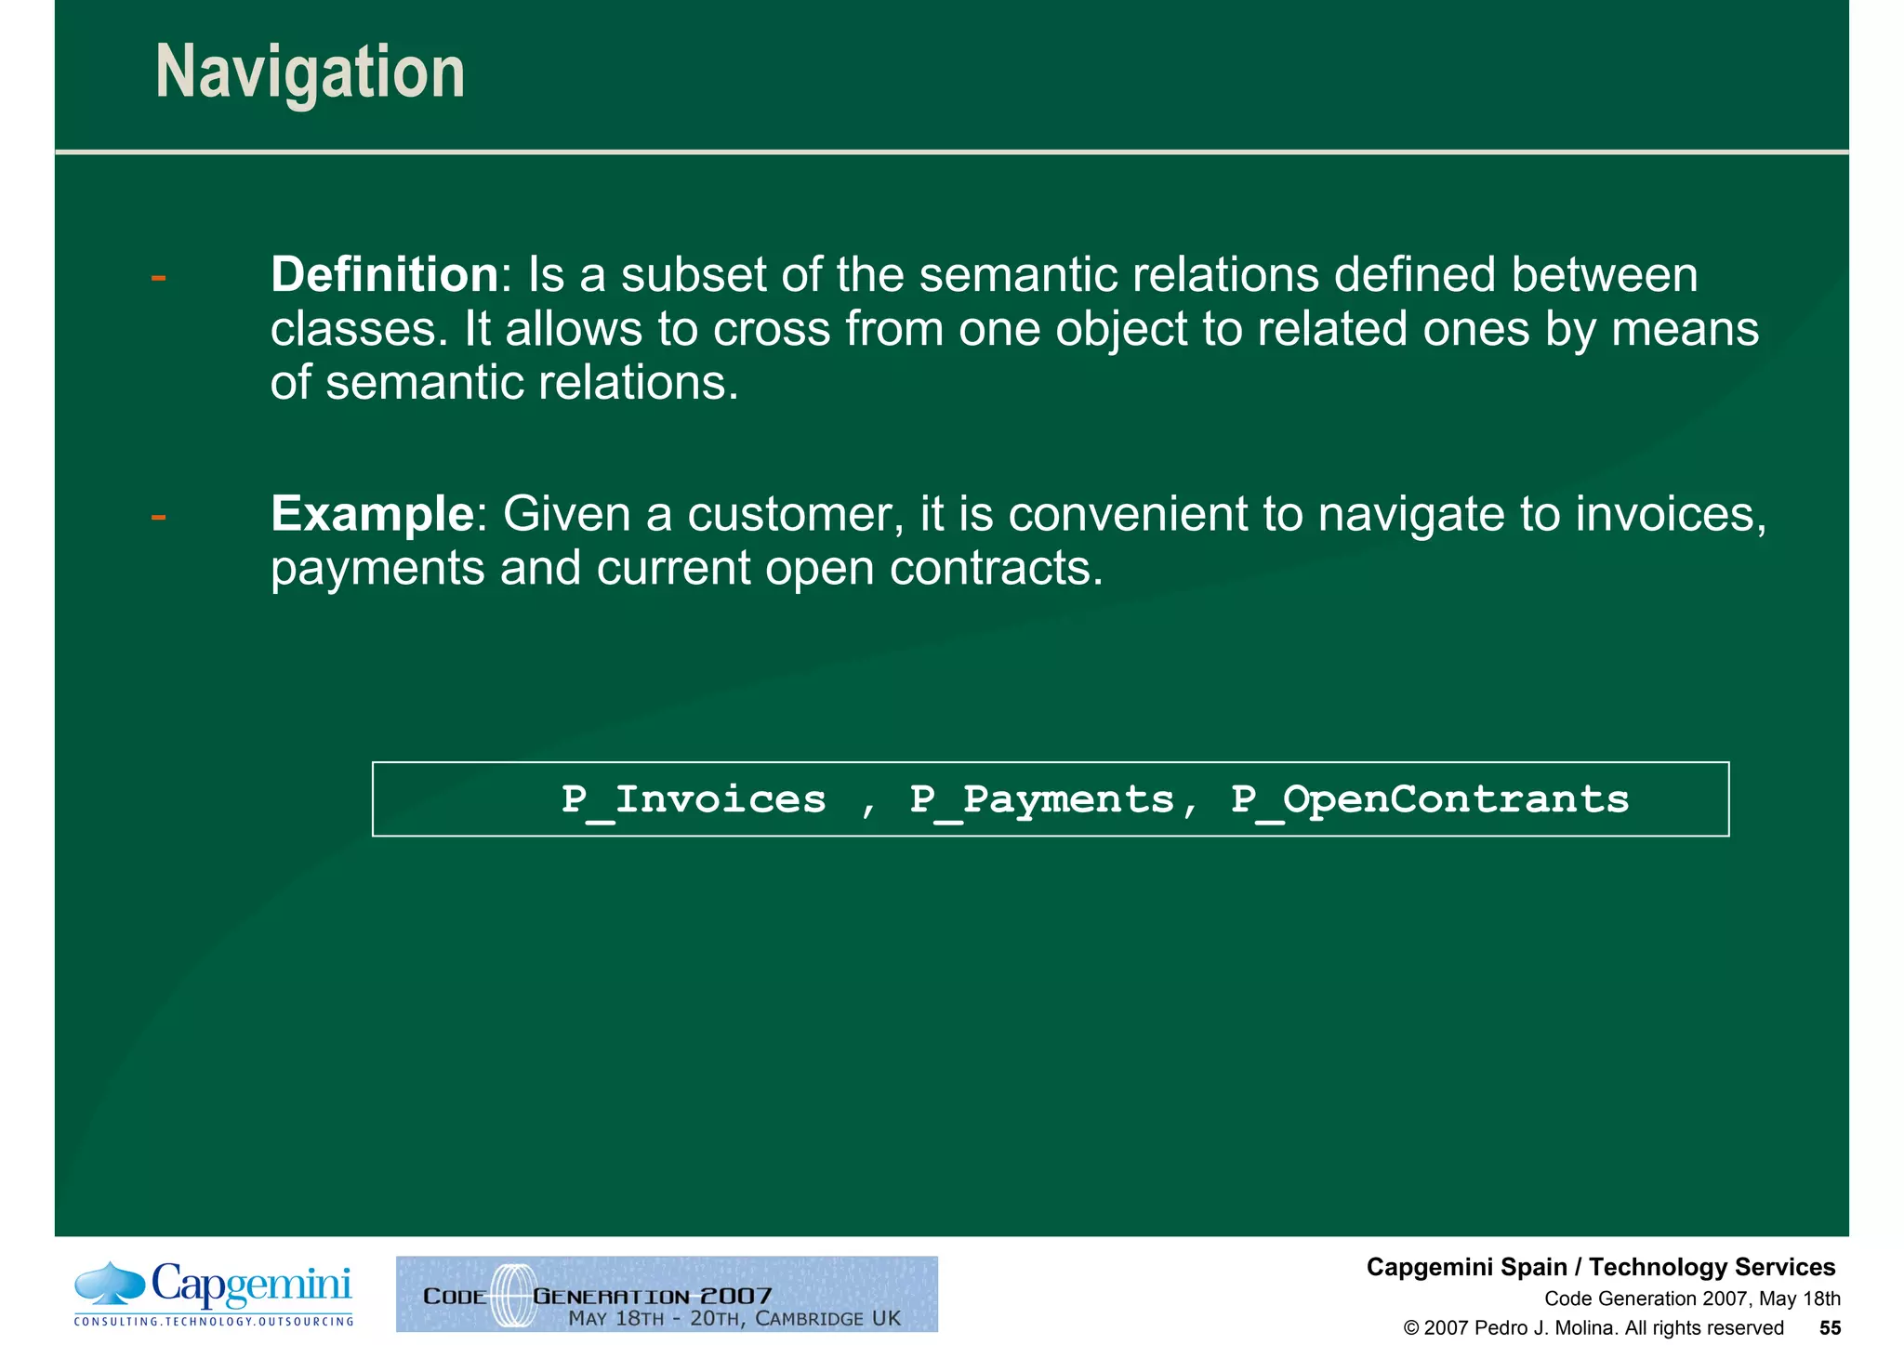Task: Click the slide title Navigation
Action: click(x=310, y=73)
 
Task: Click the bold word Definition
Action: click(x=385, y=275)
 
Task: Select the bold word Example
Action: click(x=372, y=514)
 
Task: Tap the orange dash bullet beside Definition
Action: click(x=158, y=277)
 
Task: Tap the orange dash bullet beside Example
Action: click(x=158, y=516)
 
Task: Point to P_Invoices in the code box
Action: click(x=693, y=800)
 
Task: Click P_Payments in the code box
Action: click(x=1041, y=800)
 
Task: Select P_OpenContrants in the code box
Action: click(x=1429, y=800)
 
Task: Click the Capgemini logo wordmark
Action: click(x=251, y=1286)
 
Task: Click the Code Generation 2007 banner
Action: click(x=667, y=1294)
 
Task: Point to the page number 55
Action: click(x=1830, y=1328)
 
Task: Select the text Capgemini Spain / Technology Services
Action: click(x=1600, y=1268)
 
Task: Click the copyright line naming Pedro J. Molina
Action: click(x=1593, y=1328)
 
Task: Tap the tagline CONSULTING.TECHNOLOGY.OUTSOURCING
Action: click(x=213, y=1322)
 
